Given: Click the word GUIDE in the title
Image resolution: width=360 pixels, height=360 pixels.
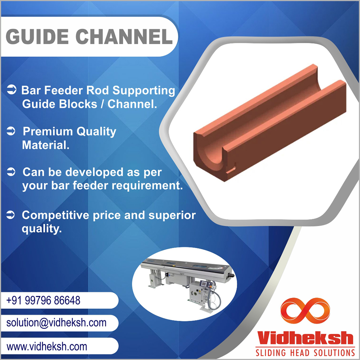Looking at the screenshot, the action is pos(37,36).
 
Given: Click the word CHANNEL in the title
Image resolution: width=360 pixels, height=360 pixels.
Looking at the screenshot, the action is pos(124,36).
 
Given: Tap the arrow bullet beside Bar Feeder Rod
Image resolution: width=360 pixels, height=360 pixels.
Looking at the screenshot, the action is pos(12,90).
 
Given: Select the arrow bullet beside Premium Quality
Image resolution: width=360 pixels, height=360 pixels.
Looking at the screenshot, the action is pos(11,131).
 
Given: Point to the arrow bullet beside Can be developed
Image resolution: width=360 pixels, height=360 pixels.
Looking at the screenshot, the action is pos(11,171).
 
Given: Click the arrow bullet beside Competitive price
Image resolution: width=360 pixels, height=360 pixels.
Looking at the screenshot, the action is pos(10,215).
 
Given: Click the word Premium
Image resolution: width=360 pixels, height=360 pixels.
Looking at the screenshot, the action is pos(48,131).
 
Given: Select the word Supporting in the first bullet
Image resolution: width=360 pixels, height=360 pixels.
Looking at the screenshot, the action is pos(144,91).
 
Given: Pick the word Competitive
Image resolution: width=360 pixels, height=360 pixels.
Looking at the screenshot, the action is pos(55,215).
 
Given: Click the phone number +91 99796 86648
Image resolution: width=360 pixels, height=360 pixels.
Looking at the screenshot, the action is pos(44,300).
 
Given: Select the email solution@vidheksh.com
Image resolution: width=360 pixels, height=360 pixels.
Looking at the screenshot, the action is pos(57,323).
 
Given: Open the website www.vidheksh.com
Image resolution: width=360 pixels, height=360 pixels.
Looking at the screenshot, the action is pos(47,346).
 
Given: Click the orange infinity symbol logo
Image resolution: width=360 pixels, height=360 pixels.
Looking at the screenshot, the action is pos(305,310).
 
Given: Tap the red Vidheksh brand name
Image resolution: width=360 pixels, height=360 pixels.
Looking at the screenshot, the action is pos(305,338).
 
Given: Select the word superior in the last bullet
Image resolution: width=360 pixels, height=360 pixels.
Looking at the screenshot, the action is pos(172,216).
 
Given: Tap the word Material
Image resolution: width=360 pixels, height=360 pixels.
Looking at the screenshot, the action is pos(46,145).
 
